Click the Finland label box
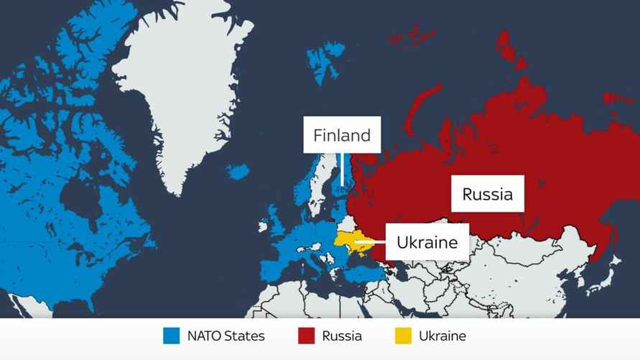342,135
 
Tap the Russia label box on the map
487,193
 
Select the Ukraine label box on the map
427,242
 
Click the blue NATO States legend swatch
171,336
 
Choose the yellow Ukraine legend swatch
404,336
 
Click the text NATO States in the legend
226,336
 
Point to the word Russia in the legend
342,336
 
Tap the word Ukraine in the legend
442,336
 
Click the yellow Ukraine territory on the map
350,243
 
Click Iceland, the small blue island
237,172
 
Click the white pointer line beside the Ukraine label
371,243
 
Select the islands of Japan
608,277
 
